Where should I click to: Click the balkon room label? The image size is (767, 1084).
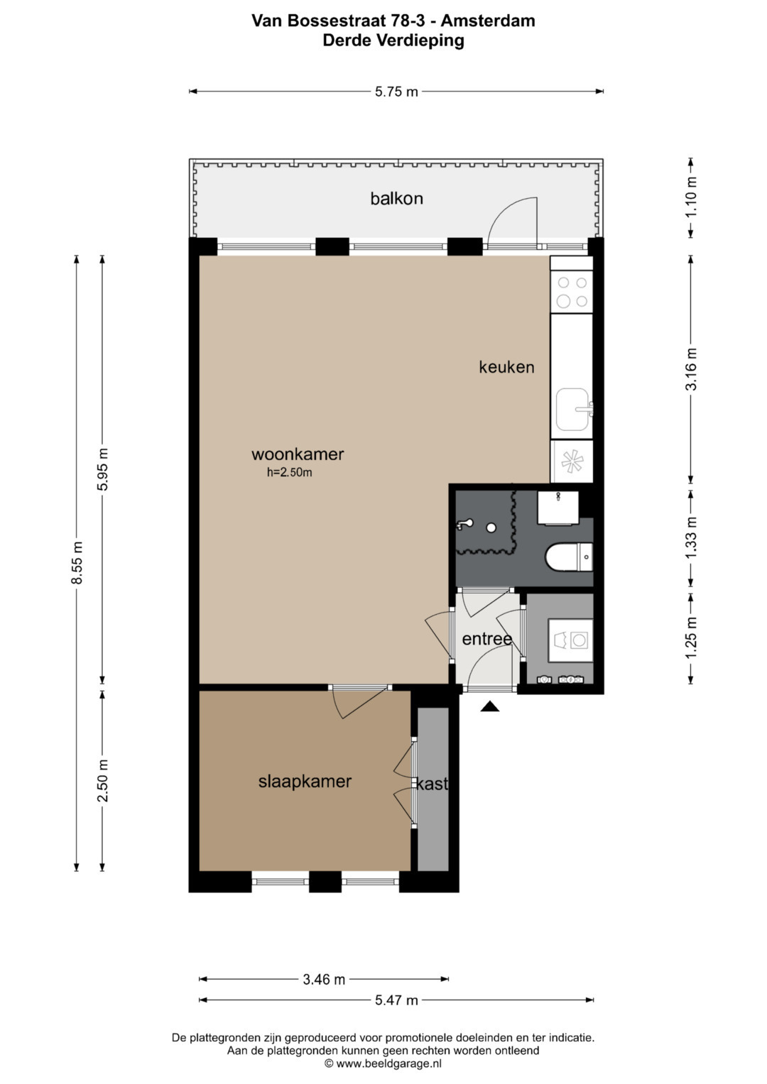(x=396, y=198)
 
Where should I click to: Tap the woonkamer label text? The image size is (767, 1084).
(x=298, y=454)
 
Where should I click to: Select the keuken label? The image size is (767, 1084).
(x=506, y=367)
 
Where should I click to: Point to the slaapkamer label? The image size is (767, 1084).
(x=305, y=782)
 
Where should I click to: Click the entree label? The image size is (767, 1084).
(x=487, y=640)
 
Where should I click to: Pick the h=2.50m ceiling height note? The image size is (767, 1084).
(x=290, y=472)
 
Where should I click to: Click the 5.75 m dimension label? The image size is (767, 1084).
(x=396, y=92)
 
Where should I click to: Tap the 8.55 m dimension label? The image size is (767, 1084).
(x=77, y=563)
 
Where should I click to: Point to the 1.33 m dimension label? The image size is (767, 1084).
(x=691, y=537)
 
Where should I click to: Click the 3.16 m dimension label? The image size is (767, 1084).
(x=691, y=369)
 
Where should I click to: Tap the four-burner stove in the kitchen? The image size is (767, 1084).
(x=572, y=291)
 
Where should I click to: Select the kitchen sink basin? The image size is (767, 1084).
(x=573, y=410)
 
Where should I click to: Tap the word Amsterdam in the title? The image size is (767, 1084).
(x=488, y=21)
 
